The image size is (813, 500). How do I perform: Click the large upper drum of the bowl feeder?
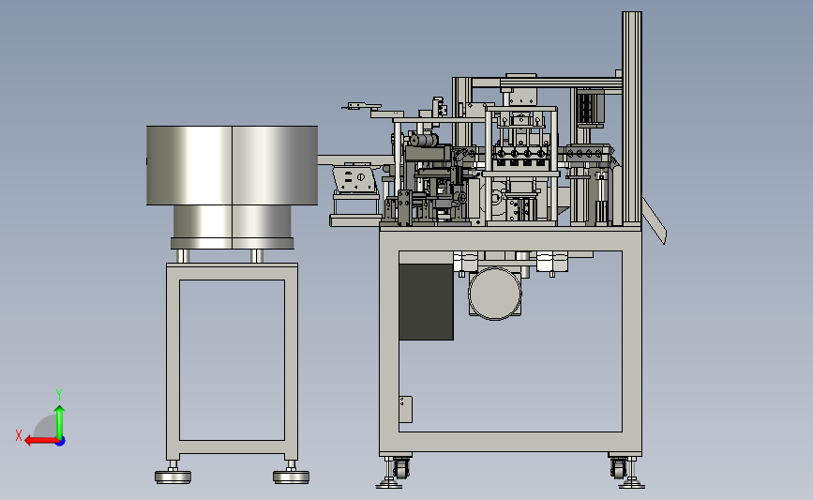[x=232, y=165]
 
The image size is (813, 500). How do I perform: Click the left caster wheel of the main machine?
[x=401, y=468]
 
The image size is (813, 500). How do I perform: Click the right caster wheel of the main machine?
[x=618, y=468]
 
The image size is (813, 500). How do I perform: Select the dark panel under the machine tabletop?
[x=427, y=302]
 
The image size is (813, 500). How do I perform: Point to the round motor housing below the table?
[x=494, y=293]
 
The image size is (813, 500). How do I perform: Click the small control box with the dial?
[x=355, y=178]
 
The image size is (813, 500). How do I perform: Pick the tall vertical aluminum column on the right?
[x=631, y=118]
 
